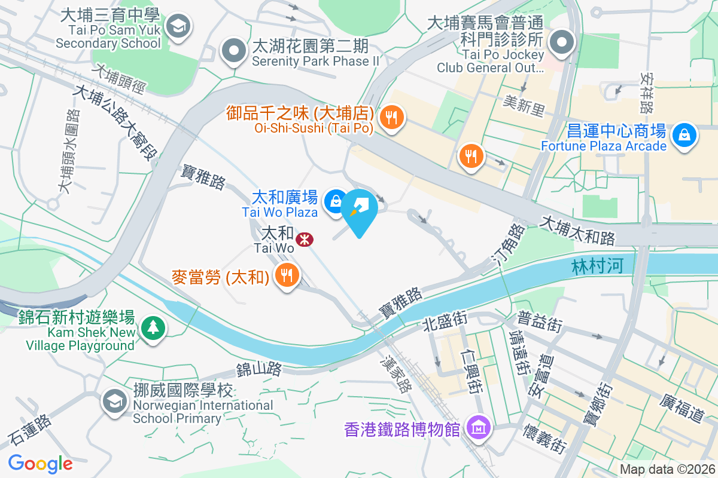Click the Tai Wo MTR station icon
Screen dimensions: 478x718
click(x=305, y=240)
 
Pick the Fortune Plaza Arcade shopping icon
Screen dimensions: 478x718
click(x=683, y=134)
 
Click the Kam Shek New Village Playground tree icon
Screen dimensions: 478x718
click(x=154, y=327)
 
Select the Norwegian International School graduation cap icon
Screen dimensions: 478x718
click(x=113, y=400)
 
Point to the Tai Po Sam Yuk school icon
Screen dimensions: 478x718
click(x=177, y=26)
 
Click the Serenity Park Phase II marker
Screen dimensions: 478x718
click(x=233, y=51)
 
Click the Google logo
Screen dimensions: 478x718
click(x=40, y=463)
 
